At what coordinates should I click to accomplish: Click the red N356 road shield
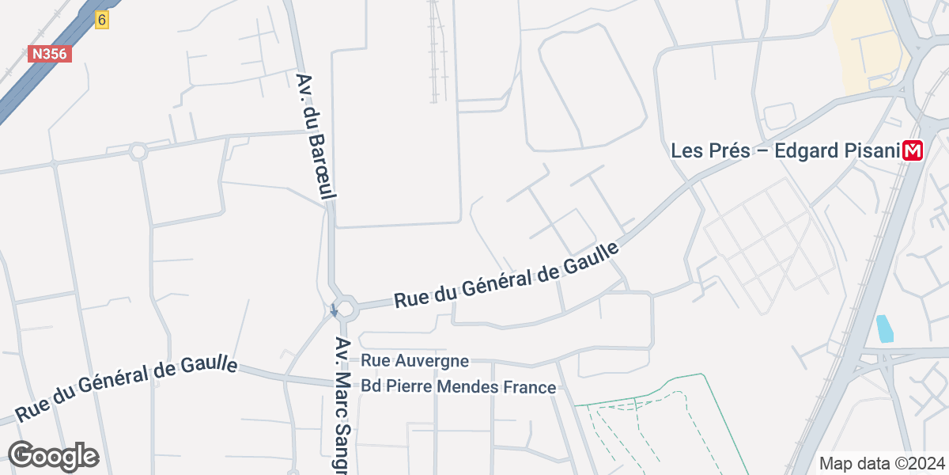pyautogui.click(x=50, y=54)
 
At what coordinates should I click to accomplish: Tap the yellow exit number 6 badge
pyautogui.click(x=101, y=20)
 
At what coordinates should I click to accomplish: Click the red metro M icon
pyautogui.click(x=915, y=150)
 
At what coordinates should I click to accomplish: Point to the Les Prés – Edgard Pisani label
pyautogui.click(x=786, y=150)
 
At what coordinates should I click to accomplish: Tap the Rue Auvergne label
pyautogui.click(x=414, y=361)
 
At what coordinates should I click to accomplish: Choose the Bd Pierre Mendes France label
pyautogui.click(x=459, y=387)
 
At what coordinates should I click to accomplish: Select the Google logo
pyautogui.click(x=53, y=456)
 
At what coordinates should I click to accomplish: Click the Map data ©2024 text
pyautogui.click(x=881, y=463)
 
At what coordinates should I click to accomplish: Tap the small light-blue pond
pyautogui.click(x=885, y=329)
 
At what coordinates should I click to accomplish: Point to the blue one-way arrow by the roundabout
pyautogui.click(x=334, y=311)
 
